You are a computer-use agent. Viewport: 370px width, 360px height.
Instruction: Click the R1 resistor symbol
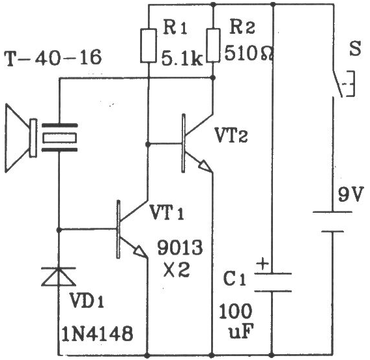click(x=149, y=46)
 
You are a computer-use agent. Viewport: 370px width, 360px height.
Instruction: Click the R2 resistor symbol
click(x=213, y=46)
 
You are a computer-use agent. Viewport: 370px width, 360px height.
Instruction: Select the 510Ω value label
click(x=249, y=53)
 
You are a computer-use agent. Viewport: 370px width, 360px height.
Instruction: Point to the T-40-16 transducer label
click(x=53, y=58)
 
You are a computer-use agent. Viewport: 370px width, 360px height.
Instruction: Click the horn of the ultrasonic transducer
click(x=17, y=138)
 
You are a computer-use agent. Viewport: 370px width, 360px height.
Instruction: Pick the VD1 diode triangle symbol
click(x=59, y=277)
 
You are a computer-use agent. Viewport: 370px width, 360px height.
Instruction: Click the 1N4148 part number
click(x=97, y=333)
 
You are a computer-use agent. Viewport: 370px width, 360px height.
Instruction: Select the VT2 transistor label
click(x=231, y=135)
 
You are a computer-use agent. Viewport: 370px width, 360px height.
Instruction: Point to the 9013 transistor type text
click(x=180, y=247)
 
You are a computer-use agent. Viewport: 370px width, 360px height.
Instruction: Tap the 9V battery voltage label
click(x=350, y=195)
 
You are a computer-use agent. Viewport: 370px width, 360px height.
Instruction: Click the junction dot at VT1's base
click(x=59, y=230)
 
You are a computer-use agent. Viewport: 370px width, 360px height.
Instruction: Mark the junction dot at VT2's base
click(x=148, y=144)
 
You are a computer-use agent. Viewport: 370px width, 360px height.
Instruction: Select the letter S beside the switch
click(x=355, y=49)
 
